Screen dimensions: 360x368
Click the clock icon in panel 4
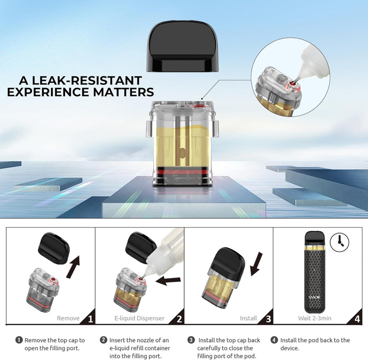(337, 241)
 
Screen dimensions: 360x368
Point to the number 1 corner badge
(90, 319)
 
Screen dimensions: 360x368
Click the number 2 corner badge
(179, 319)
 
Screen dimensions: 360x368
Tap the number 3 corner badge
(268, 319)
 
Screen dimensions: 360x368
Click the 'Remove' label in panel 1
(68, 318)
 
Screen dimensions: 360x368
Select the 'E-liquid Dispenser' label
(140, 318)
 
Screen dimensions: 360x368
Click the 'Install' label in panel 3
(248, 318)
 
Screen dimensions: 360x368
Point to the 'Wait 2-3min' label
(315, 318)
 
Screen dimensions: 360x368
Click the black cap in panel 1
(54, 248)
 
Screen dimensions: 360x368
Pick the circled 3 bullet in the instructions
(191, 340)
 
